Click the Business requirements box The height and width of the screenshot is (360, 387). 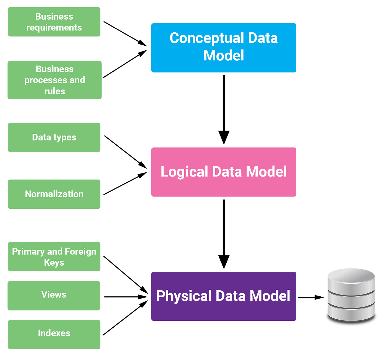coord(54,22)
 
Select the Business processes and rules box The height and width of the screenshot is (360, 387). coord(54,80)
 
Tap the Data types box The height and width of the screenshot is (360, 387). coord(54,138)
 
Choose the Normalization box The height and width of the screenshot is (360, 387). coord(54,194)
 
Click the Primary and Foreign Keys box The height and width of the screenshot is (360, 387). coord(54,257)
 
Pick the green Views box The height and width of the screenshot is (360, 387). coord(54,296)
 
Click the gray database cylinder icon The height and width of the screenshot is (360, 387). coord(351,295)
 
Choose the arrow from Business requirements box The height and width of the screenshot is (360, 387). coord(124,33)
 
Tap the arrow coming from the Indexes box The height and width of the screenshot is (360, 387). coord(124,318)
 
